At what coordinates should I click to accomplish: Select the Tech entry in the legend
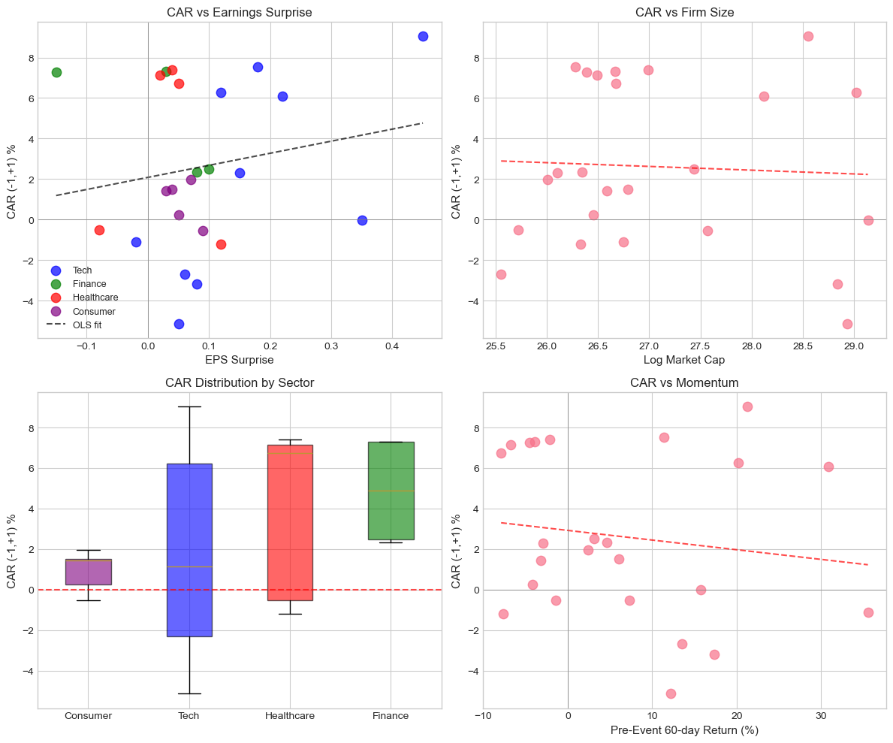[83, 270]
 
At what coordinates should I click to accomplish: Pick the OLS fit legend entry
[87, 325]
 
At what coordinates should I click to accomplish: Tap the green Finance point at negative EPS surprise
[56, 72]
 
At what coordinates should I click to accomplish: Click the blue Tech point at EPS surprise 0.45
[423, 36]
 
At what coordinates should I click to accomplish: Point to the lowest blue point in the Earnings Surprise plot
[179, 324]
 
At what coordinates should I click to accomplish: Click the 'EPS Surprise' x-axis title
[240, 360]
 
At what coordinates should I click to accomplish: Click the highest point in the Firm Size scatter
[808, 36]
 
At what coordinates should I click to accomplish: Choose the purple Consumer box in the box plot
[89, 572]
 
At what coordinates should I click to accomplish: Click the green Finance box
[391, 491]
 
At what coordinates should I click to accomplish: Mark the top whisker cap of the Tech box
[189, 406]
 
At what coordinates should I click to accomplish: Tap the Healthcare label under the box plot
[290, 716]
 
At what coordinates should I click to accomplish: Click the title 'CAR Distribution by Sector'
[240, 383]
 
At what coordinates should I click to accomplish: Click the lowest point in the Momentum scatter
[671, 693]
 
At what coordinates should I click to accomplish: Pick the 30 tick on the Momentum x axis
[821, 715]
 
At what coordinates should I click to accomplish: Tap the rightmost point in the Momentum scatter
[868, 612]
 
